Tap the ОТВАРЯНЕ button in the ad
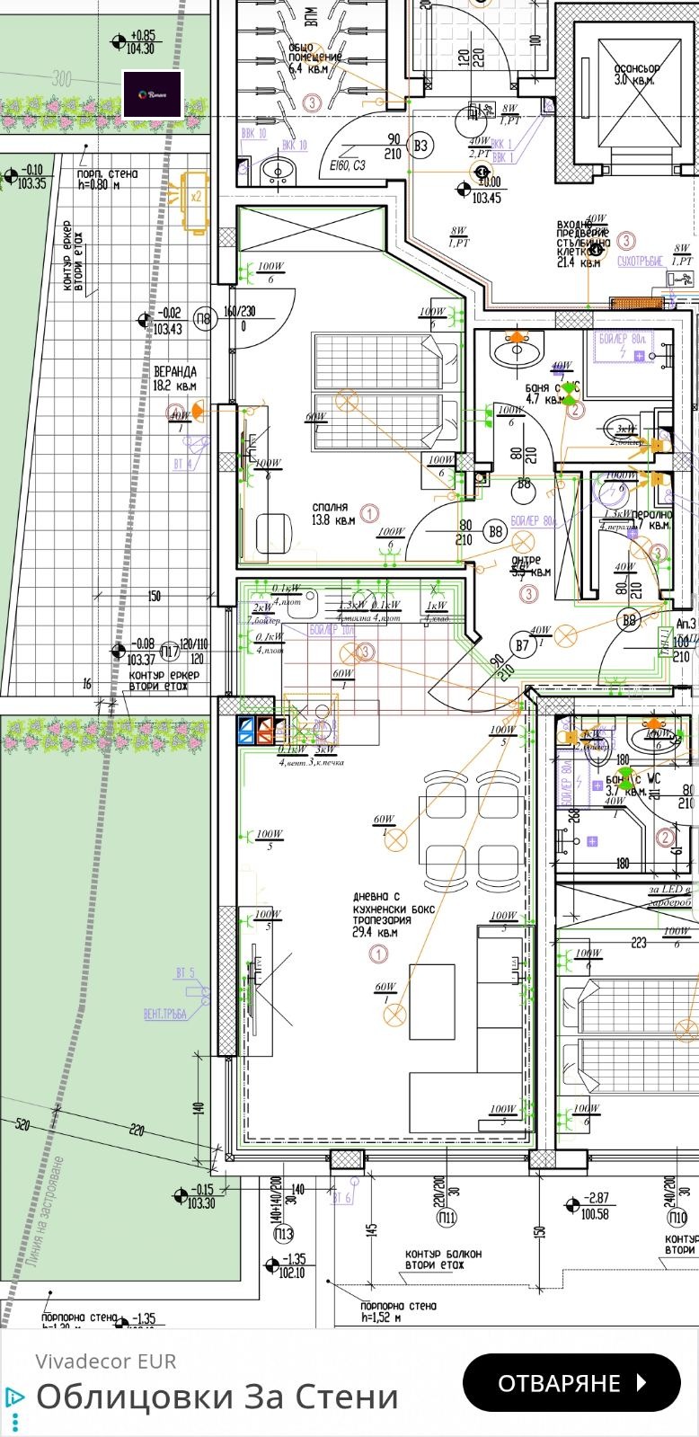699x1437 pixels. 571,1382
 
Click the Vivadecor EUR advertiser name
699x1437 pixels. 106,1361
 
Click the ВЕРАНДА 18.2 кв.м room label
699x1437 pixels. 174,378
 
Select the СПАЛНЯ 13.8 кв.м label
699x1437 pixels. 332,513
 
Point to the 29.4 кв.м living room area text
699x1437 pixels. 376,933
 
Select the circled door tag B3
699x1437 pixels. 420,146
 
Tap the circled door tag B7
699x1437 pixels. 522,644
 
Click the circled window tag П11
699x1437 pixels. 447,1218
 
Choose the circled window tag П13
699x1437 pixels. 284,1233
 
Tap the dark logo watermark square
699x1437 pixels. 153,93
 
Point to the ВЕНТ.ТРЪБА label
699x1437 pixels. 164,1014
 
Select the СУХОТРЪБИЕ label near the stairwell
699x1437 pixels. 640,261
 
